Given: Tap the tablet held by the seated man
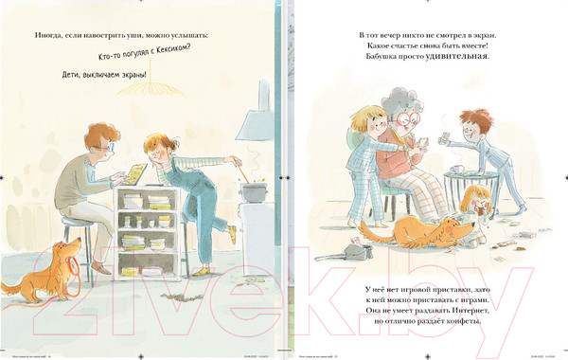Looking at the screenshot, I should [x=136, y=174].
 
